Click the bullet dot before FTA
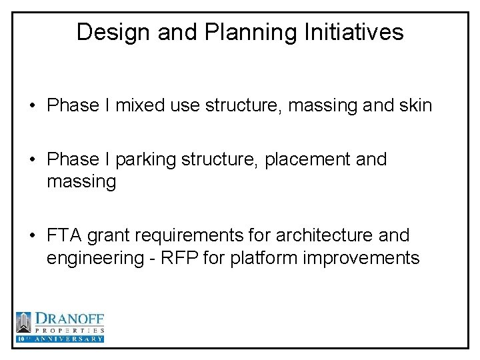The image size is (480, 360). coord(33,236)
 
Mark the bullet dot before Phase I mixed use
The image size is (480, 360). coord(33,106)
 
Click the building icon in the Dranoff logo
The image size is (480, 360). coord(24,323)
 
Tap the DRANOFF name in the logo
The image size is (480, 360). coord(69,319)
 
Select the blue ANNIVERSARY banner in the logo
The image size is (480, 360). coord(60,339)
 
